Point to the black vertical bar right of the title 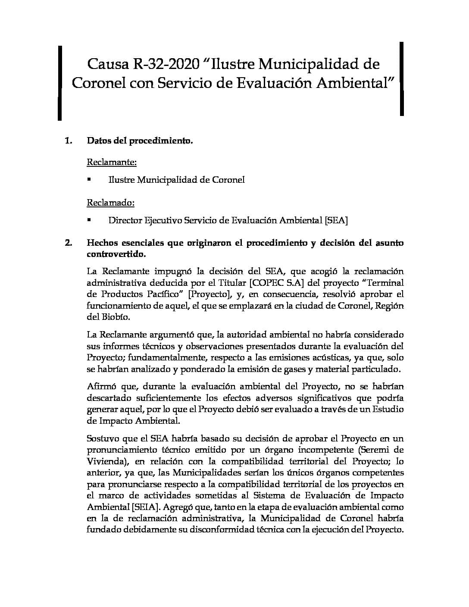(x=402, y=78)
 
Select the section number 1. (x=68, y=141)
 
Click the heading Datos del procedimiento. (x=140, y=141)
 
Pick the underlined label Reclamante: (x=112, y=163)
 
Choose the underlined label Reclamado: (x=111, y=203)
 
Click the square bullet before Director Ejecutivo (x=89, y=219)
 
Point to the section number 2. (x=68, y=243)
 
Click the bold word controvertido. (x=116, y=254)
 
